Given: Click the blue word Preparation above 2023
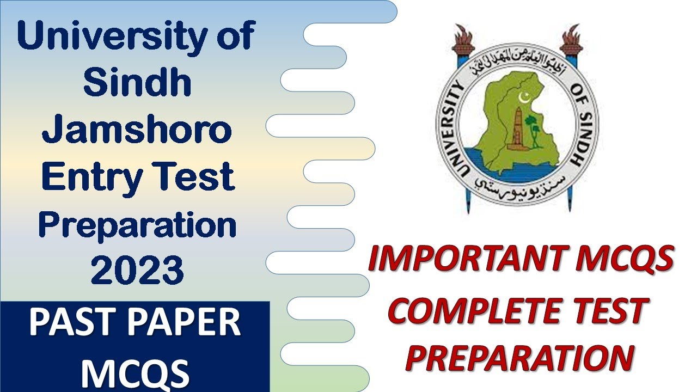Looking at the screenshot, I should coord(137,225).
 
